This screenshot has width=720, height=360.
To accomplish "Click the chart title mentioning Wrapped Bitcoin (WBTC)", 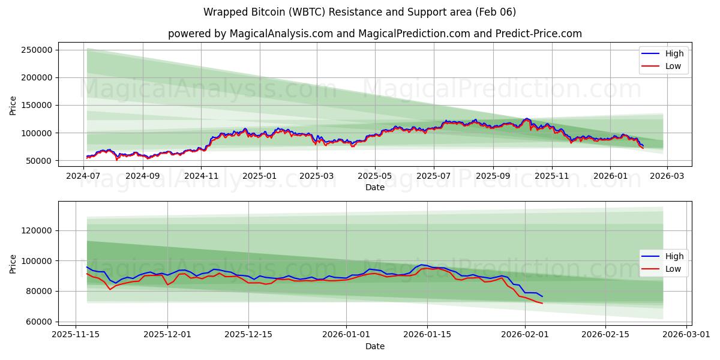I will tap(359, 12).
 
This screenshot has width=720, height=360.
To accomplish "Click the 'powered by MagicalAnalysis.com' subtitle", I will tap(374, 34).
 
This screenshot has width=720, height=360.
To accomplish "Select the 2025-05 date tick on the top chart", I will tap(375, 176).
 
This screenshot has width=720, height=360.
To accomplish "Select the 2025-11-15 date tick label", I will tap(76, 335).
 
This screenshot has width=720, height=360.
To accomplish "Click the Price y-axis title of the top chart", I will tap(13, 105).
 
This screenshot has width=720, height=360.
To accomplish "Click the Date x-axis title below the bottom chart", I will tap(374, 346).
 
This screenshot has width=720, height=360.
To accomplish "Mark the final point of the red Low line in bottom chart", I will tap(542, 303).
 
